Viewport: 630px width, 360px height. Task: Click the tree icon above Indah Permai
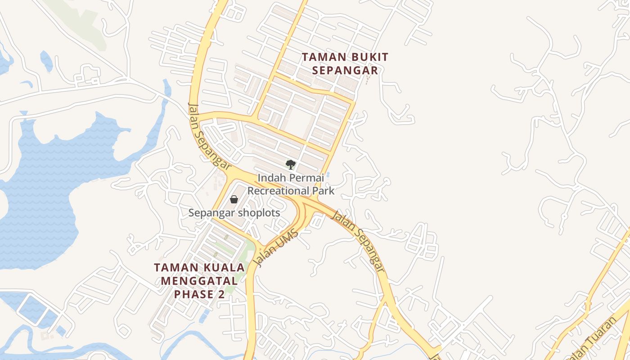click(291, 165)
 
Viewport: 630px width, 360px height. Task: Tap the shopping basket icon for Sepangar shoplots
click(234, 199)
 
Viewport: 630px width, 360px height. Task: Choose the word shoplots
click(259, 213)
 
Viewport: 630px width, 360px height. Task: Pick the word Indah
click(271, 178)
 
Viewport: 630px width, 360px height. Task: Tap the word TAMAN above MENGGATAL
click(176, 267)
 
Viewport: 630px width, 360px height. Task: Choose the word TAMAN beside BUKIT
click(321, 57)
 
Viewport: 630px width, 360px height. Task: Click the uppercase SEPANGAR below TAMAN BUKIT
click(345, 71)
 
